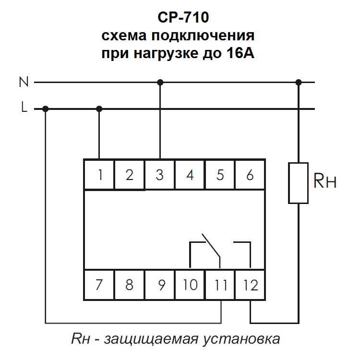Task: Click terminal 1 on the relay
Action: click(100, 175)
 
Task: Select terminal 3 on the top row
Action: click(160, 175)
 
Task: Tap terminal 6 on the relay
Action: click(250, 175)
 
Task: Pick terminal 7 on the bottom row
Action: click(99, 285)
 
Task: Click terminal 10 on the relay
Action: click(190, 285)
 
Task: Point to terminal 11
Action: click(220, 285)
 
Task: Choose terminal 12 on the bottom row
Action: click(251, 285)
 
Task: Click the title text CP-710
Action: click(184, 18)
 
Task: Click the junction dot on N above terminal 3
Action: click(160, 83)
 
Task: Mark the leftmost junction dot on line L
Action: click(46, 109)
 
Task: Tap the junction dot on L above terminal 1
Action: click(99, 109)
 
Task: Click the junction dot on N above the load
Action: click(299, 83)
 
